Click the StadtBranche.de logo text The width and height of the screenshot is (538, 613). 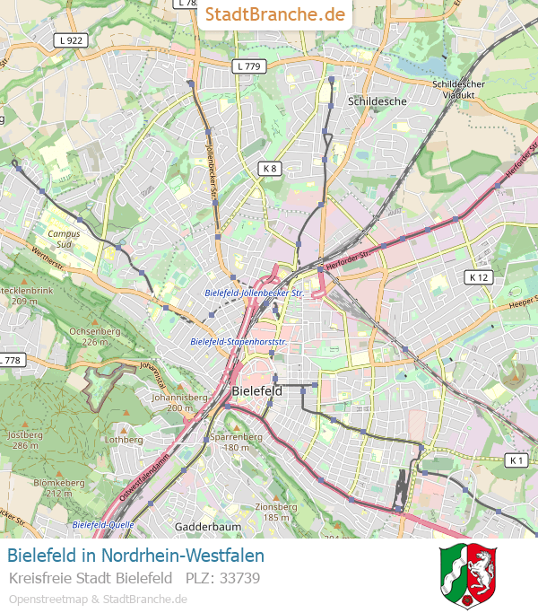point(274,14)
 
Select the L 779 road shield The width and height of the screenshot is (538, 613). point(248,66)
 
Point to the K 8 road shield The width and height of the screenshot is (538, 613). point(270,168)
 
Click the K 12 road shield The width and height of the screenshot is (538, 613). point(479,277)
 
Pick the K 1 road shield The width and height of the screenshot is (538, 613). point(516,460)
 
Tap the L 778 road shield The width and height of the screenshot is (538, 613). point(10,360)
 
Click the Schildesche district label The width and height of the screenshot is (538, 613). point(377,101)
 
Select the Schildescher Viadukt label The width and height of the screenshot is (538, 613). point(458,89)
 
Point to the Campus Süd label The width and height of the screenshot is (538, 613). point(64,239)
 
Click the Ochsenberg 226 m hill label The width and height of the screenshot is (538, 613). point(94,337)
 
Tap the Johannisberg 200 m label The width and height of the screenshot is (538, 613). point(174,402)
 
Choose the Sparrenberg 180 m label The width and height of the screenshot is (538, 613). point(236,442)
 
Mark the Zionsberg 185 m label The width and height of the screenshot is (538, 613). point(275,512)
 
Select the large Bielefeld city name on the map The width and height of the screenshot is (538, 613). point(256,391)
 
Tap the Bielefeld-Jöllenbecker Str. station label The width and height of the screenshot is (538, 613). point(255,293)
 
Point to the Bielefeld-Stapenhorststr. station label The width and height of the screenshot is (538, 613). point(239,342)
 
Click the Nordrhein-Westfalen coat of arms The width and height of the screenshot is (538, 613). point(468,575)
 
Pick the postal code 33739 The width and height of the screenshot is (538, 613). point(240,578)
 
